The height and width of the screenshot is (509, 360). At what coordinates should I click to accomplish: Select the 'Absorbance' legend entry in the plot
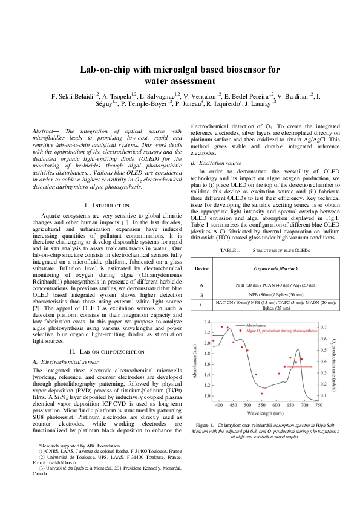click(260, 325)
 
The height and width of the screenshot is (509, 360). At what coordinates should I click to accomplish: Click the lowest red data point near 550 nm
click(261, 394)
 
